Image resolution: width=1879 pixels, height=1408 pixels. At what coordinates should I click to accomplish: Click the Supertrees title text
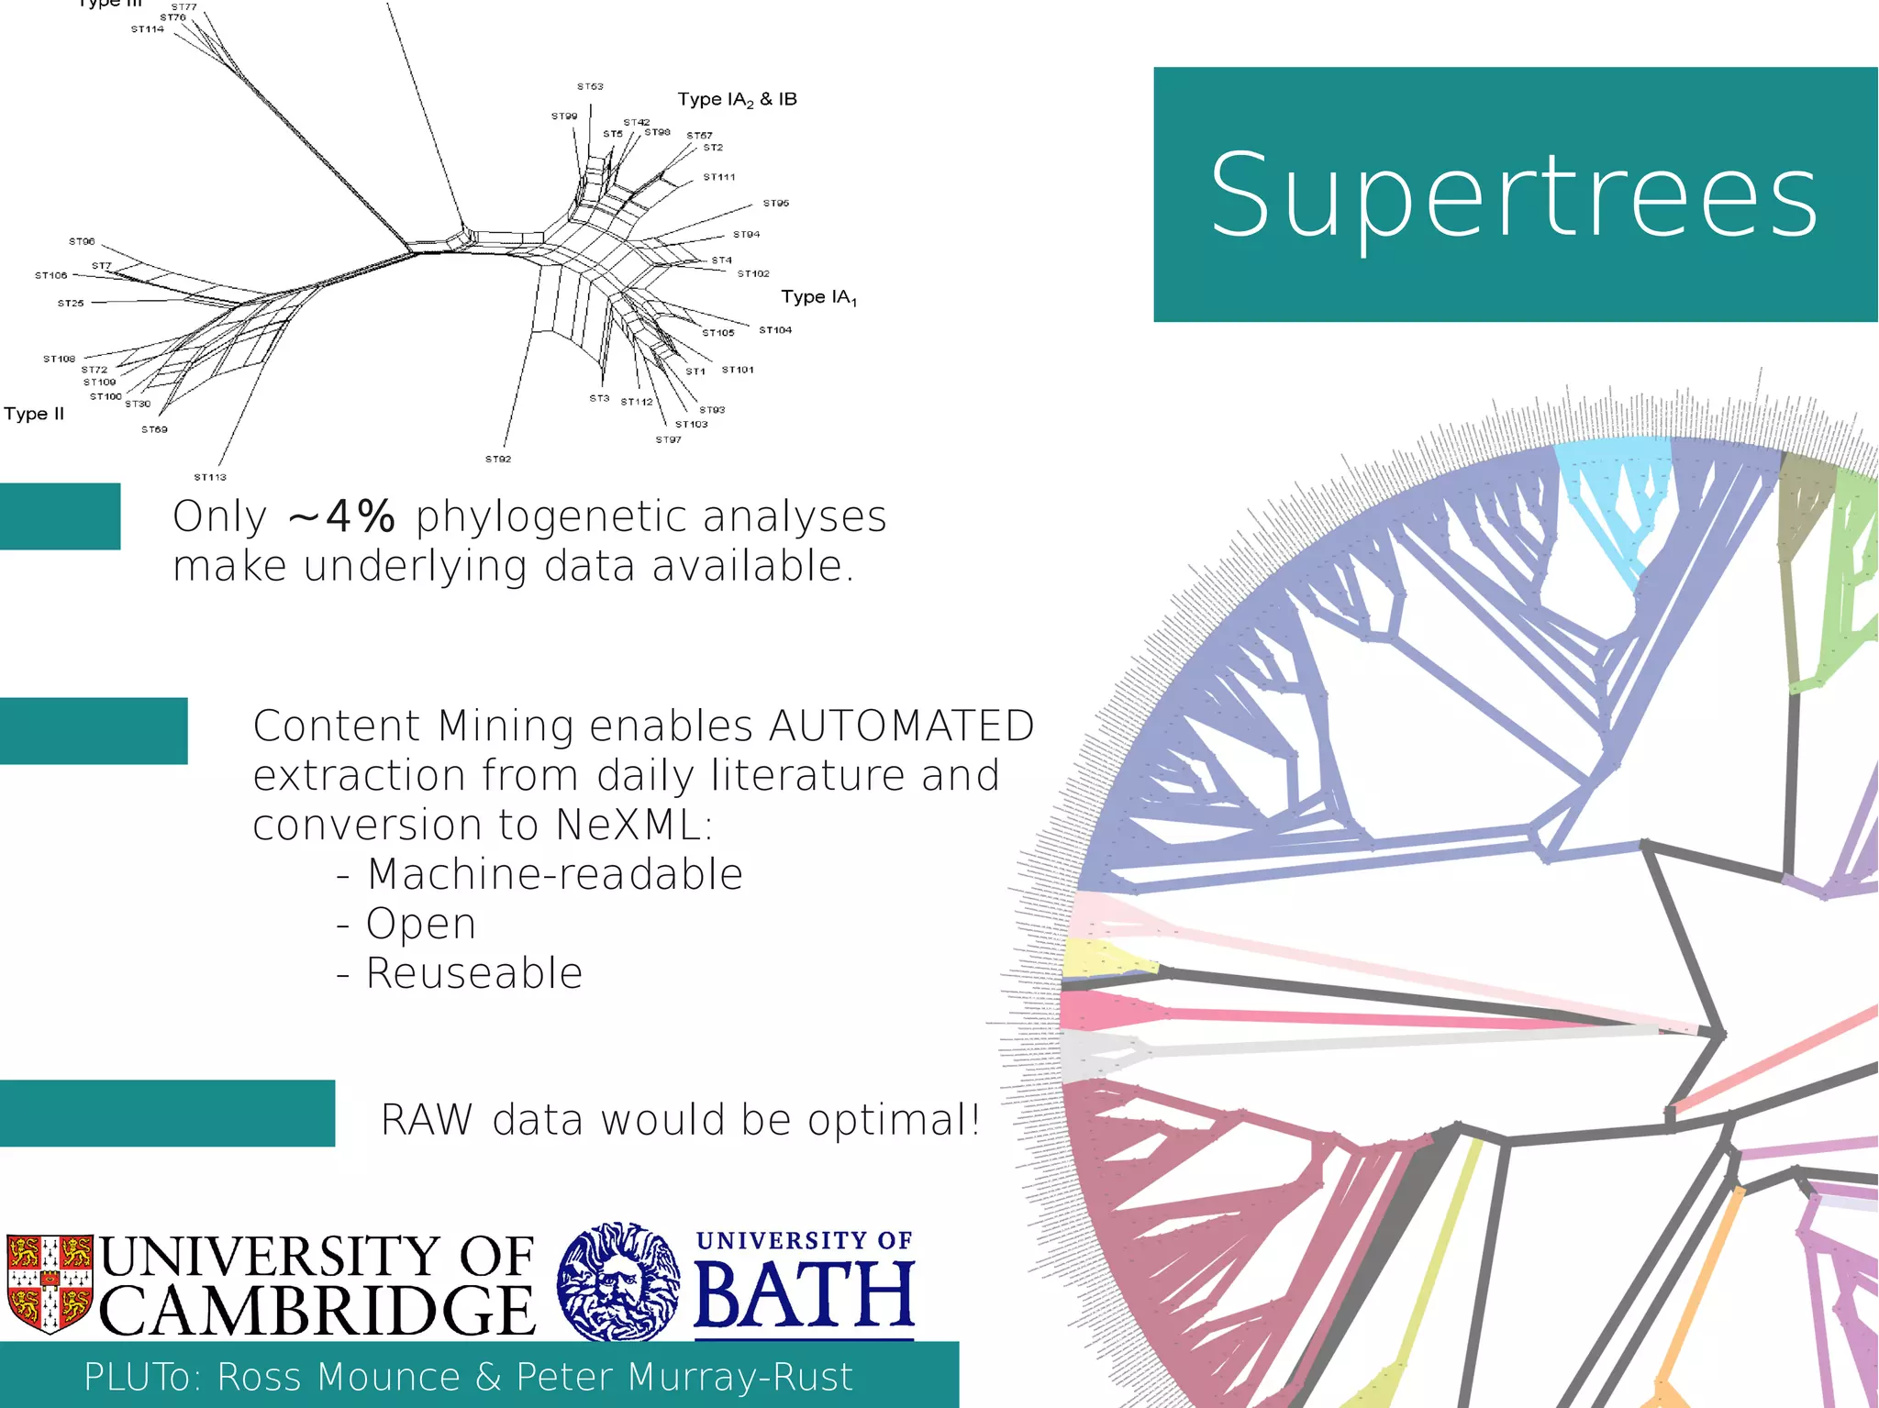click(1514, 195)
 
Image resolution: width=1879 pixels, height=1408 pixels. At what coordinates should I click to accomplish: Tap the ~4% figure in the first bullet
click(341, 517)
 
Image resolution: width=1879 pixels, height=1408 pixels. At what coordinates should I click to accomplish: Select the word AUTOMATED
click(902, 726)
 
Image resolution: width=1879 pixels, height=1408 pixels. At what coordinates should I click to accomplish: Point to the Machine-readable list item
click(554, 874)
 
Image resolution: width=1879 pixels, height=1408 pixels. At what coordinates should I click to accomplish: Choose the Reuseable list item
click(474, 973)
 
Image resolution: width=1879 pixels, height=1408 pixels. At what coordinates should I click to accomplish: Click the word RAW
click(427, 1120)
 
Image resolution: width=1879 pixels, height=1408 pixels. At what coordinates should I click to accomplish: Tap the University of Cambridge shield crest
click(50, 1282)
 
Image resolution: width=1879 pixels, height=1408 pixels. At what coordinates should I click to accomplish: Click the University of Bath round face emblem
click(619, 1281)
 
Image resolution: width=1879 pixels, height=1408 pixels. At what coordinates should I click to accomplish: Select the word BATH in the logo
click(804, 1295)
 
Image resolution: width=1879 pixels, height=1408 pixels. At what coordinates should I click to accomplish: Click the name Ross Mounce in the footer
click(339, 1377)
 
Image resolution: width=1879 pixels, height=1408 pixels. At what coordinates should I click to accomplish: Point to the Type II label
click(34, 414)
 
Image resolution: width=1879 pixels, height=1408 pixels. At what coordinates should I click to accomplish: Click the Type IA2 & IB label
click(737, 99)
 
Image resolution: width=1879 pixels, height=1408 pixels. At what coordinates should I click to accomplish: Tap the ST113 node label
click(210, 477)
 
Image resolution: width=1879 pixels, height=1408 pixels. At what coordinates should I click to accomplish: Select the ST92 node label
click(498, 459)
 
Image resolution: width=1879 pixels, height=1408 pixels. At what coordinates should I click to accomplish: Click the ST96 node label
click(82, 241)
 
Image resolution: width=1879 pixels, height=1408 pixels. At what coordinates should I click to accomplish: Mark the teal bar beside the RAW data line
click(167, 1113)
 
